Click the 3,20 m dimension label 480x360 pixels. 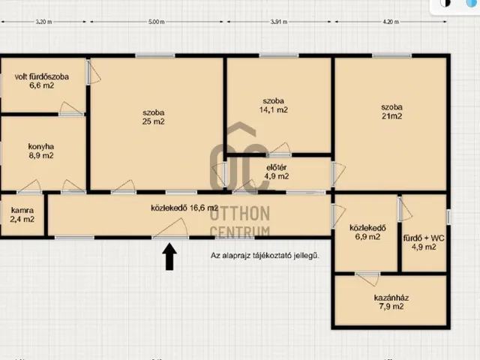pos(43,22)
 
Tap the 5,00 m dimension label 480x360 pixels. pos(157,22)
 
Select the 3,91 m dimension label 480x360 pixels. pos(279,22)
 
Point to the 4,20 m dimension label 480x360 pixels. pos(391,22)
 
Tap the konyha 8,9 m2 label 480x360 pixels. pos(41,151)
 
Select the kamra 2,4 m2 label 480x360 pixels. pos(22,214)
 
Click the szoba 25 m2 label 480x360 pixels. pos(153,117)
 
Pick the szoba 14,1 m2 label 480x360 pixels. pos(273,105)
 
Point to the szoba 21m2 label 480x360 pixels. pos(391,112)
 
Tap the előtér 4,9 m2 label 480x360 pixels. pos(277,172)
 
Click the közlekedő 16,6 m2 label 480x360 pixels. pos(184,208)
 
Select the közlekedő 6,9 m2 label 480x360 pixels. pos(367,232)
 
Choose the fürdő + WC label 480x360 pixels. pos(424,238)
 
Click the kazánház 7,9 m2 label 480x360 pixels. pos(391,302)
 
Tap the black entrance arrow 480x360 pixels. pos(169,256)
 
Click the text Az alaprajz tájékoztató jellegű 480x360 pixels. pos(265,255)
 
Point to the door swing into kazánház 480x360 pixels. pos(368,279)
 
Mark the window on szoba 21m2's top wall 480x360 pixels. pos(391,55)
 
